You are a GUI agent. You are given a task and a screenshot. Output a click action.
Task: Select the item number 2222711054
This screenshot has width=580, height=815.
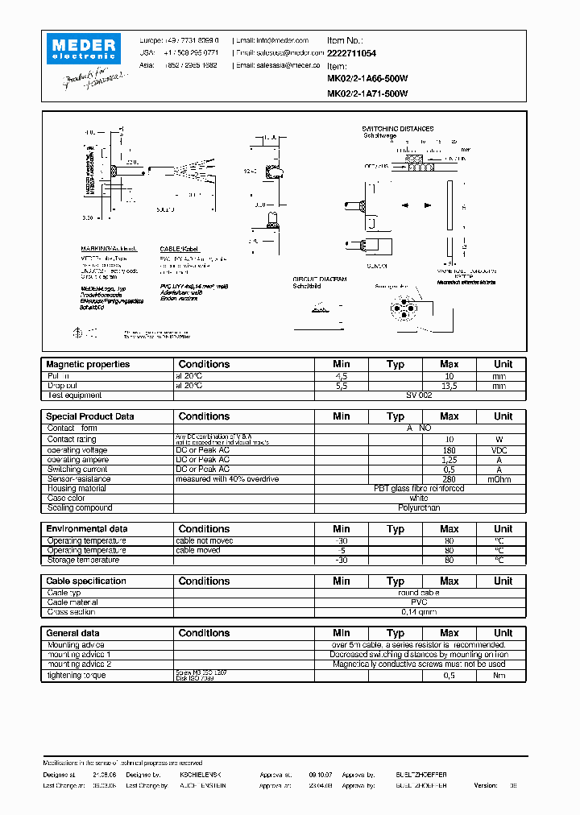(352, 52)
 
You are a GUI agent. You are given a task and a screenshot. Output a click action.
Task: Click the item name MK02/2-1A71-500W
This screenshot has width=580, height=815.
(367, 93)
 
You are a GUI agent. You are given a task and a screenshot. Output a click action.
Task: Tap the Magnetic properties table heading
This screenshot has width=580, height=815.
(88, 364)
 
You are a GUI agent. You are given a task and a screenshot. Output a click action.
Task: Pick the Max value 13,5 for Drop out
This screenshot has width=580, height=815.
(449, 386)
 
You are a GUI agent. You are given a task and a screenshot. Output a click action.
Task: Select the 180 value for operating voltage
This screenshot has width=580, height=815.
(449, 449)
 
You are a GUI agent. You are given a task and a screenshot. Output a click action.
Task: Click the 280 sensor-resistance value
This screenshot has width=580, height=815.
(449, 479)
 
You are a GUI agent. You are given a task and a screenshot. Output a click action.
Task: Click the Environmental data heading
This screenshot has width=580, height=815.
(87, 529)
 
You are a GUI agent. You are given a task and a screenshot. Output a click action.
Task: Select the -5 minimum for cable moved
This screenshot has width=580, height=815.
(342, 550)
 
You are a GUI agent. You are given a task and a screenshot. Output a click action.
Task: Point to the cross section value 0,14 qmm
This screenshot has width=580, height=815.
(419, 612)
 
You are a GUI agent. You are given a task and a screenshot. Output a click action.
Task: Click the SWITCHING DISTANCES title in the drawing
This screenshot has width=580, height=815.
(397, 129)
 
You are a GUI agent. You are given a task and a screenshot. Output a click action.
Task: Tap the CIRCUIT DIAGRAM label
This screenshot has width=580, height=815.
(319, 279)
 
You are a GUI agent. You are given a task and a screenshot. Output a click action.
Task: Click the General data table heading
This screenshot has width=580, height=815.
(73, 633)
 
